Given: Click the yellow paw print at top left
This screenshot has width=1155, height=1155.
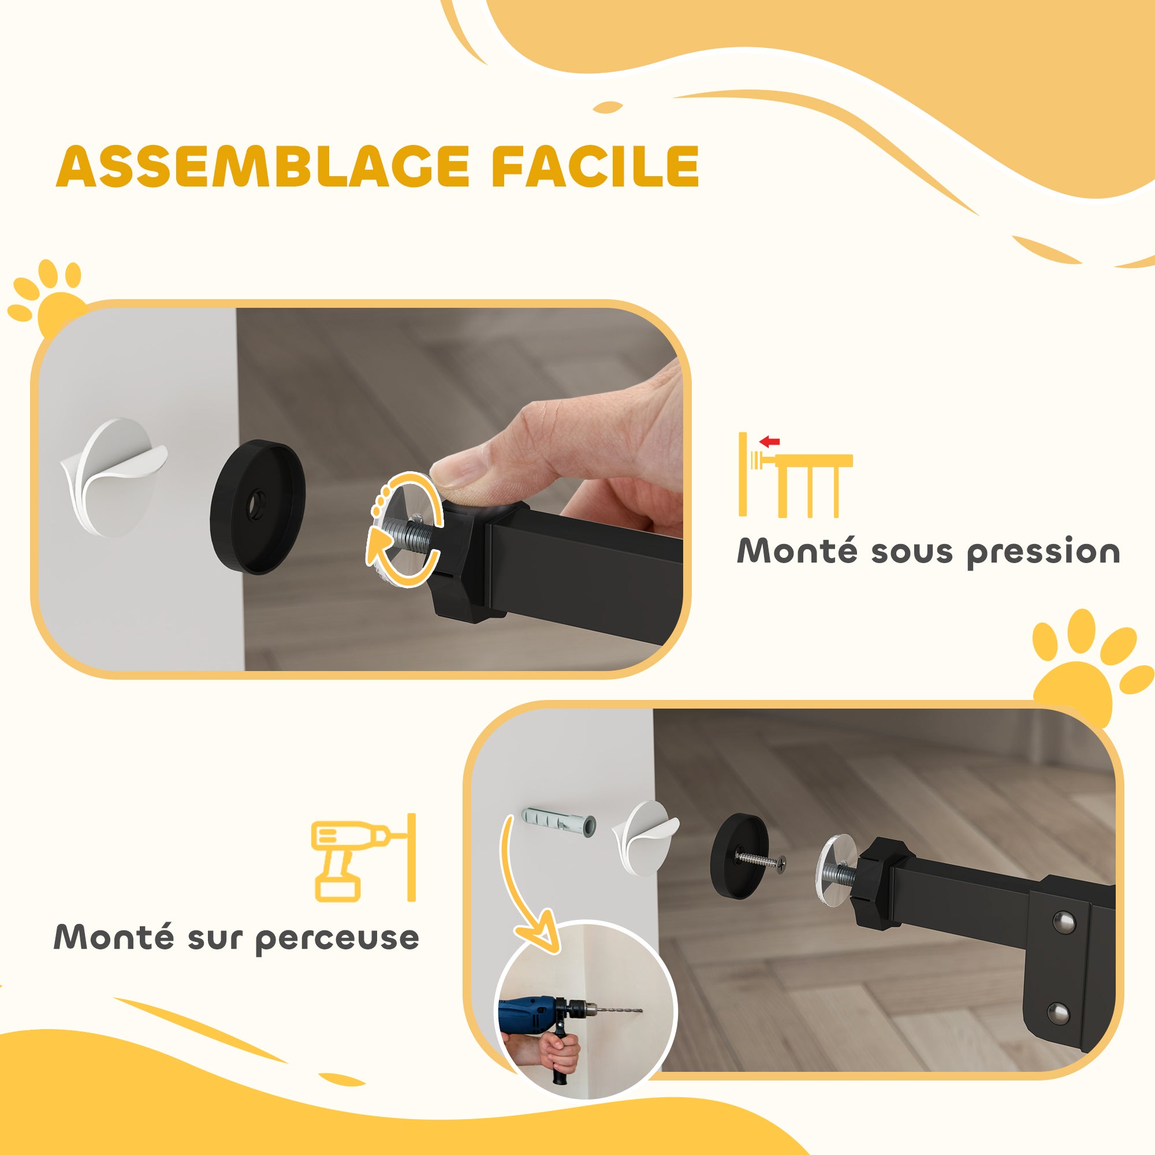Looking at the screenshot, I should [x=51, y=299].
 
